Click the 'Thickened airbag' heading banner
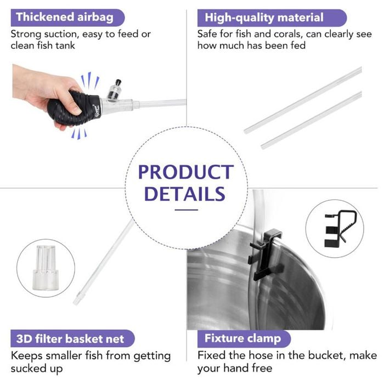(67, 18)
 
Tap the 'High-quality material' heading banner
(272, 18)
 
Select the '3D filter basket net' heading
(72, 338)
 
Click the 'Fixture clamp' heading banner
(244, 338)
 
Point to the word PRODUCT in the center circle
(186, 172)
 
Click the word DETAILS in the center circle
(185, 194)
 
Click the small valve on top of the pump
(114, 90)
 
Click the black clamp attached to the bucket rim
(265, 255)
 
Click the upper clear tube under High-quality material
(303, 100)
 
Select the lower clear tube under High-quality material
(311, 121)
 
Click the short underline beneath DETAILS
(187, 210)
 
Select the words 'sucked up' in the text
(37, 369)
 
